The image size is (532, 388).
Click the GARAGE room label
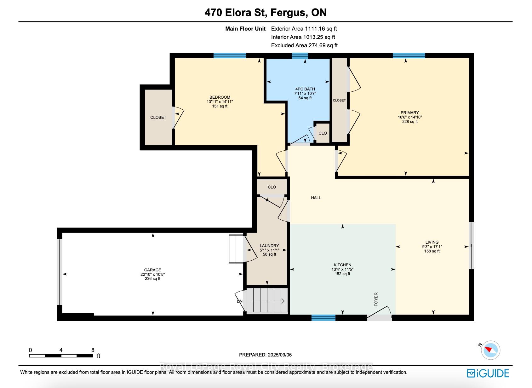pyautogui.click(x=152, y=270)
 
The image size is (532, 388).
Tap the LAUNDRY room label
pyautogui.click(x=269, y=246)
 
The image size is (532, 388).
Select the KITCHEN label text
pyautogui.click(x=342, y=265)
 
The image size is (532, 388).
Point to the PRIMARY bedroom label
pyautogui.click(x=410, y=113)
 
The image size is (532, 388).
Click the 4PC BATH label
pyautogui.click(x=305, y=89)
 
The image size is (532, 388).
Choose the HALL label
pyautogui.click(x=316, y=198)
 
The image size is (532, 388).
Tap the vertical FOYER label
pyautogui.click(x=376, y=299)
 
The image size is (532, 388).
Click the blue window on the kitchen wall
pyautogui.click(x=323, y=318)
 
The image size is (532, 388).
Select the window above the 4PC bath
pyautogui.click(x=300, y=55)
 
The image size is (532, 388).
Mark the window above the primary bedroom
pyautogui.click(x=409, y=55)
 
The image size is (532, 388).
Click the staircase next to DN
pyautogui.click(x=267, y=301)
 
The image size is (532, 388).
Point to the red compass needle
pyautogui.click(x=488, y=350)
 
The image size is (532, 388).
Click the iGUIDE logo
pyautogui.click(x=488, y=374)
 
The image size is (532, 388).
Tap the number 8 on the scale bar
pyautogui.click(x=93, y=350)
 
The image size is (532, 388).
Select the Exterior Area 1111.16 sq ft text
pyautogui.click(x=304, y=29)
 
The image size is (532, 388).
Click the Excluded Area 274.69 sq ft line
pyautogui.click(x=304, y=45)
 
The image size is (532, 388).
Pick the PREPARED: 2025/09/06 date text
pyautogui.click(x=265, y=355)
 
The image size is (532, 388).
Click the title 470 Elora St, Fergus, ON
pyautogui.click(x=266, y=12)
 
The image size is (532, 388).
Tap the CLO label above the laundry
pyautogui.click(x=272, y=187)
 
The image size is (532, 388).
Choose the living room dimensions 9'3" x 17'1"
pyautogui.click(x=432, y=247)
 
